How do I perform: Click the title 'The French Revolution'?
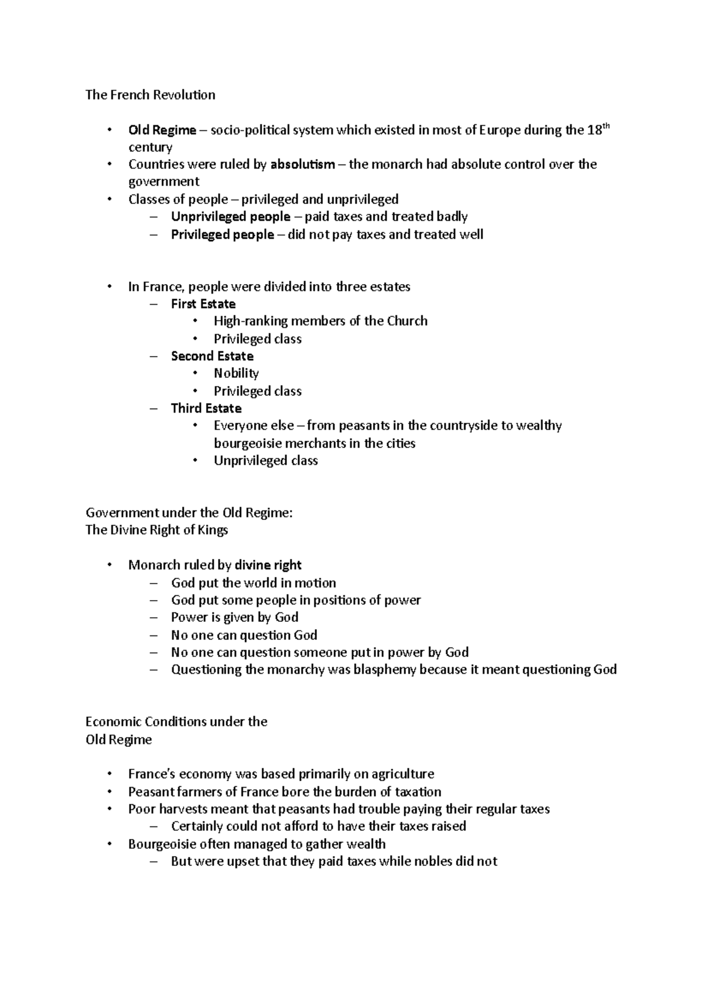150,95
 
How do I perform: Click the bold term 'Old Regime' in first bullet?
162,130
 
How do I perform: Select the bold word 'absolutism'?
302,164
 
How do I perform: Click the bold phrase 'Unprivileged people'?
230,217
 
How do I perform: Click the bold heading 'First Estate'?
203,304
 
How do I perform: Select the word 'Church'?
407,321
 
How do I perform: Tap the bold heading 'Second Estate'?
212,356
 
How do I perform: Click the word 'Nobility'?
236,374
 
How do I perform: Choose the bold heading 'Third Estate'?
206,409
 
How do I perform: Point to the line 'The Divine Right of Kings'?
157,530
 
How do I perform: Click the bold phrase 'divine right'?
268,565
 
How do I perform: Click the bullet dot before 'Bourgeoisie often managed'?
110,844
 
